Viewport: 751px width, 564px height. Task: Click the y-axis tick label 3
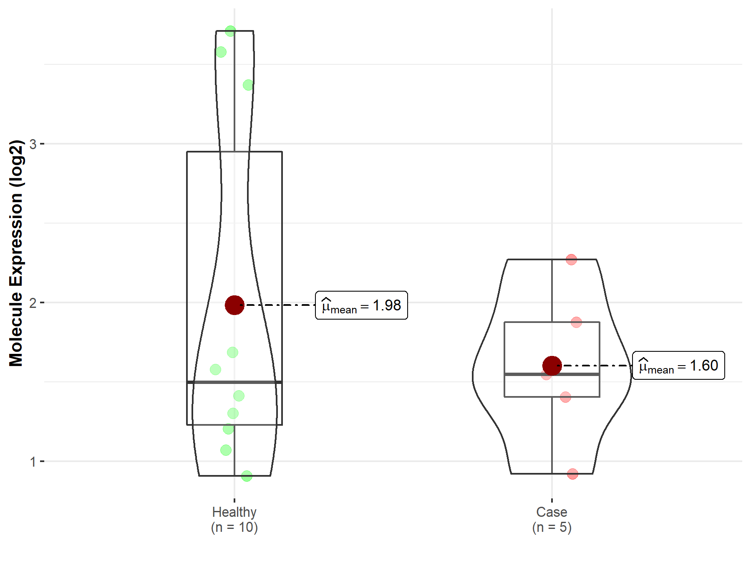[33, 144]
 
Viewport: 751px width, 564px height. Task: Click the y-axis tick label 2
[33, 303]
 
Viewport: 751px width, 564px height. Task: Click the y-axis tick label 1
[33, 462]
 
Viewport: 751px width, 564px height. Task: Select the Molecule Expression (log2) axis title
[16, 253]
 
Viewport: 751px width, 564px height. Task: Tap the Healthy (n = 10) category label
[234, 520]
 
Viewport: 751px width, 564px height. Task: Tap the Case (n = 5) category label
[552, 520]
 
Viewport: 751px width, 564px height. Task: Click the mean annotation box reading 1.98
[361, 305]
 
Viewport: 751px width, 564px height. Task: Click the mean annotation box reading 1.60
[679, 366]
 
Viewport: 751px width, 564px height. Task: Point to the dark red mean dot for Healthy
[234, 305]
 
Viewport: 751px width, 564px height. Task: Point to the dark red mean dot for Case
[552, 366]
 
